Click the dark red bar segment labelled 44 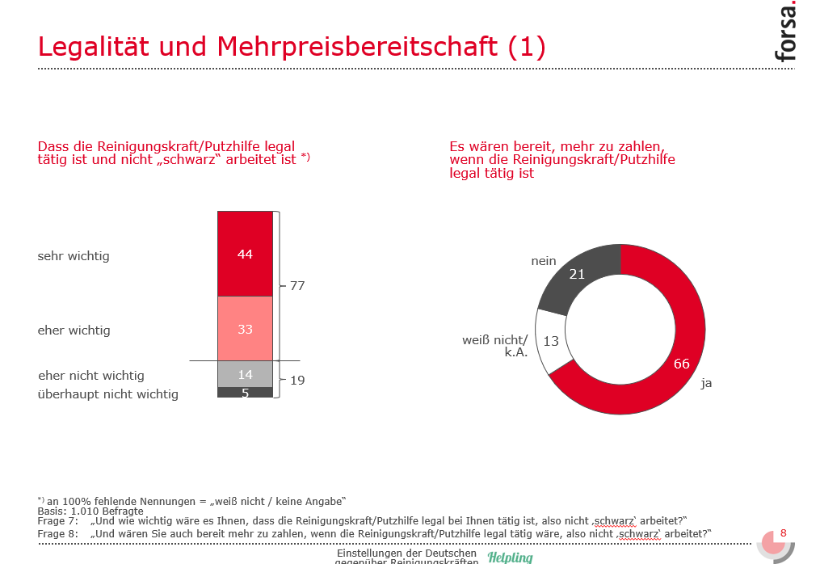pyautogui.click(x=245, y=254)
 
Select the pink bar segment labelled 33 pyautogui.click(x=245, y=329)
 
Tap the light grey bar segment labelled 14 pyautogui.click(x=245, y=374)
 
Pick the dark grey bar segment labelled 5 pyautogui.click(x=245, y=394)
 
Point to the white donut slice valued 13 pyautogui.click(x=552, y=341)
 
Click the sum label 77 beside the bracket pyautogui.click(x=296, y=286)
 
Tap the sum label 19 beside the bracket pyautogui.click(x=296, y=380)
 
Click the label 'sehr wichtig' pyautogui.click(x=74, y=256)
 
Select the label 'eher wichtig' pyautogui.click(x=74, y=330)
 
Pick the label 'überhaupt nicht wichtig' pyautogui.click(x=108, y=394)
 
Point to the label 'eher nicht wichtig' pyautogui.click(x=91, y=376)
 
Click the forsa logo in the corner pyautogui.click(x=784, y=32)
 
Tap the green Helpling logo pyautogui.click(x=510, y=557)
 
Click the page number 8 pyautogui.click(x=783, y=533)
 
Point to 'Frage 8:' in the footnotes pyautogui.click(x=58, y=533)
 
